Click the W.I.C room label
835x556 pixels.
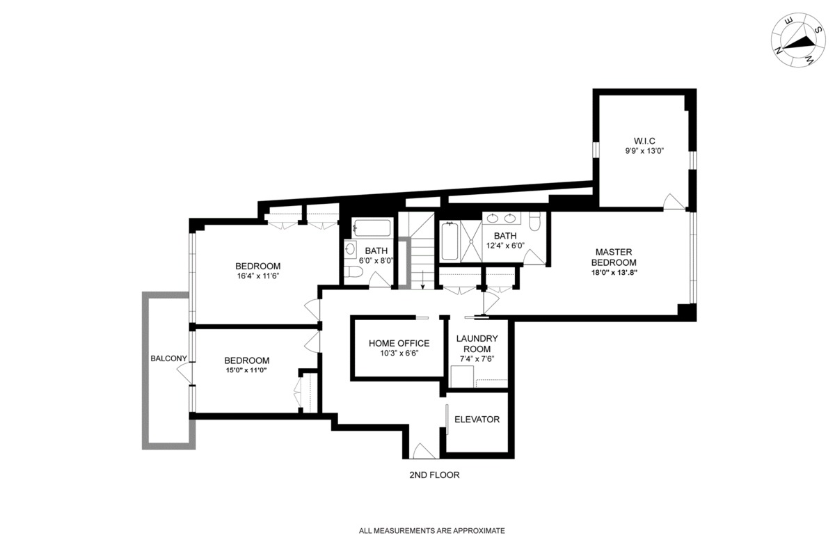tap(640, 140)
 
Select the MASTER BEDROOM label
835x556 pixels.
tap(614, 257)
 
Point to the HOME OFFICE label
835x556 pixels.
tap(399, 343)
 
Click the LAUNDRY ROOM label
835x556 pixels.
tap(478, 343)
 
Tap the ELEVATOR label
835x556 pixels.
tap(477, 420)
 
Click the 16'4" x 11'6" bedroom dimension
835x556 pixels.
tap(257, 276)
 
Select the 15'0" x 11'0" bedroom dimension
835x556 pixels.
tap(246, 371)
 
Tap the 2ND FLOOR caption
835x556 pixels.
tap(434, 475)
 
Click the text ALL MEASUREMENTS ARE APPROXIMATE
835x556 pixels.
tap(431, 530)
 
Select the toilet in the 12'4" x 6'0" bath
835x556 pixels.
tap(535, 222)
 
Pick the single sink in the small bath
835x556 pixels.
tap(350, 248)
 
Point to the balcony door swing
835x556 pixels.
tap(183, 374)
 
